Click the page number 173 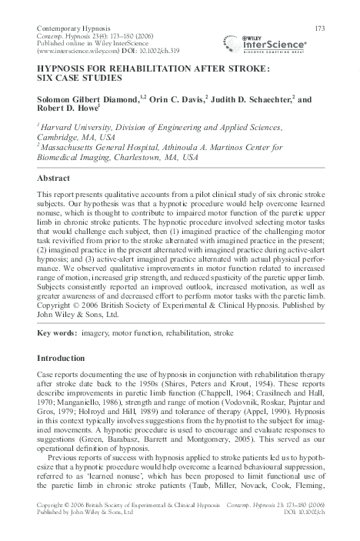320,28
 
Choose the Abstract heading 54,177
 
